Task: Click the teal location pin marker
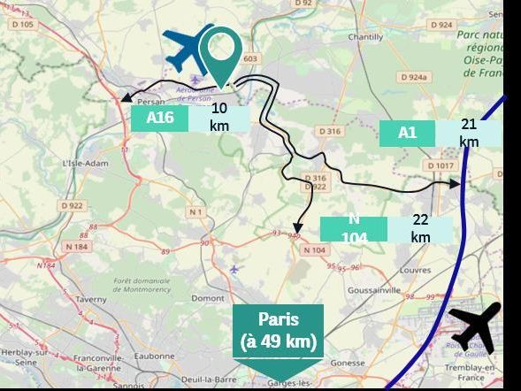(x=220, y=50)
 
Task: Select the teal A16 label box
(x=160, y=118)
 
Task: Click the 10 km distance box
(x=219, y=117)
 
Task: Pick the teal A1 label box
(x=407, y=133)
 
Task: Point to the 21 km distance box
(x=469, y=133)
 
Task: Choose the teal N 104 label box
(x=354, y=228)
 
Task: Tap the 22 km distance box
(x=420, y=228)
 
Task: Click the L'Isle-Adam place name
(x=84, y=164)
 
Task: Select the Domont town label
(x=208, y=298)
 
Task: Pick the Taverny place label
(x=90, y=300)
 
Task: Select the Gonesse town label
(x=346, y=363)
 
